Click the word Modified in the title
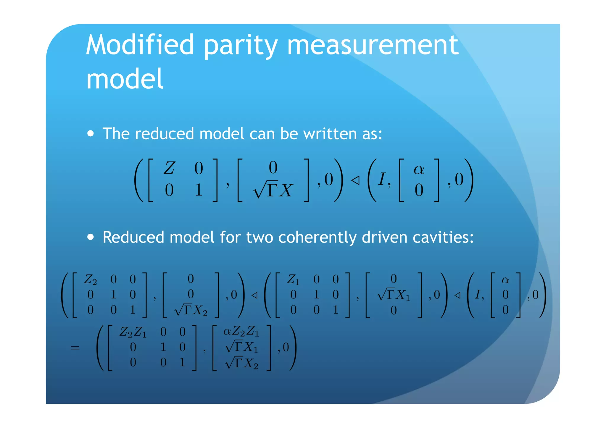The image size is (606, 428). pos(140,45)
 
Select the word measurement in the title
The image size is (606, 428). pos(373,45)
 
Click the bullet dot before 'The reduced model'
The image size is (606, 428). pos(91,133)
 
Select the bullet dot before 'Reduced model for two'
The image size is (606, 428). pos(91,237)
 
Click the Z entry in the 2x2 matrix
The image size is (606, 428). pos(169,168)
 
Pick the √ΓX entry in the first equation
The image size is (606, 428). pos(273,190)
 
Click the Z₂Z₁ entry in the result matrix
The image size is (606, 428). pos(133,332)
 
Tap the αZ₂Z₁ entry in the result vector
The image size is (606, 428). pos(241,331)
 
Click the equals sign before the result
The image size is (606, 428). pos(75,348)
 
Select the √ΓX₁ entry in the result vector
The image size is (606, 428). pos(242,347)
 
